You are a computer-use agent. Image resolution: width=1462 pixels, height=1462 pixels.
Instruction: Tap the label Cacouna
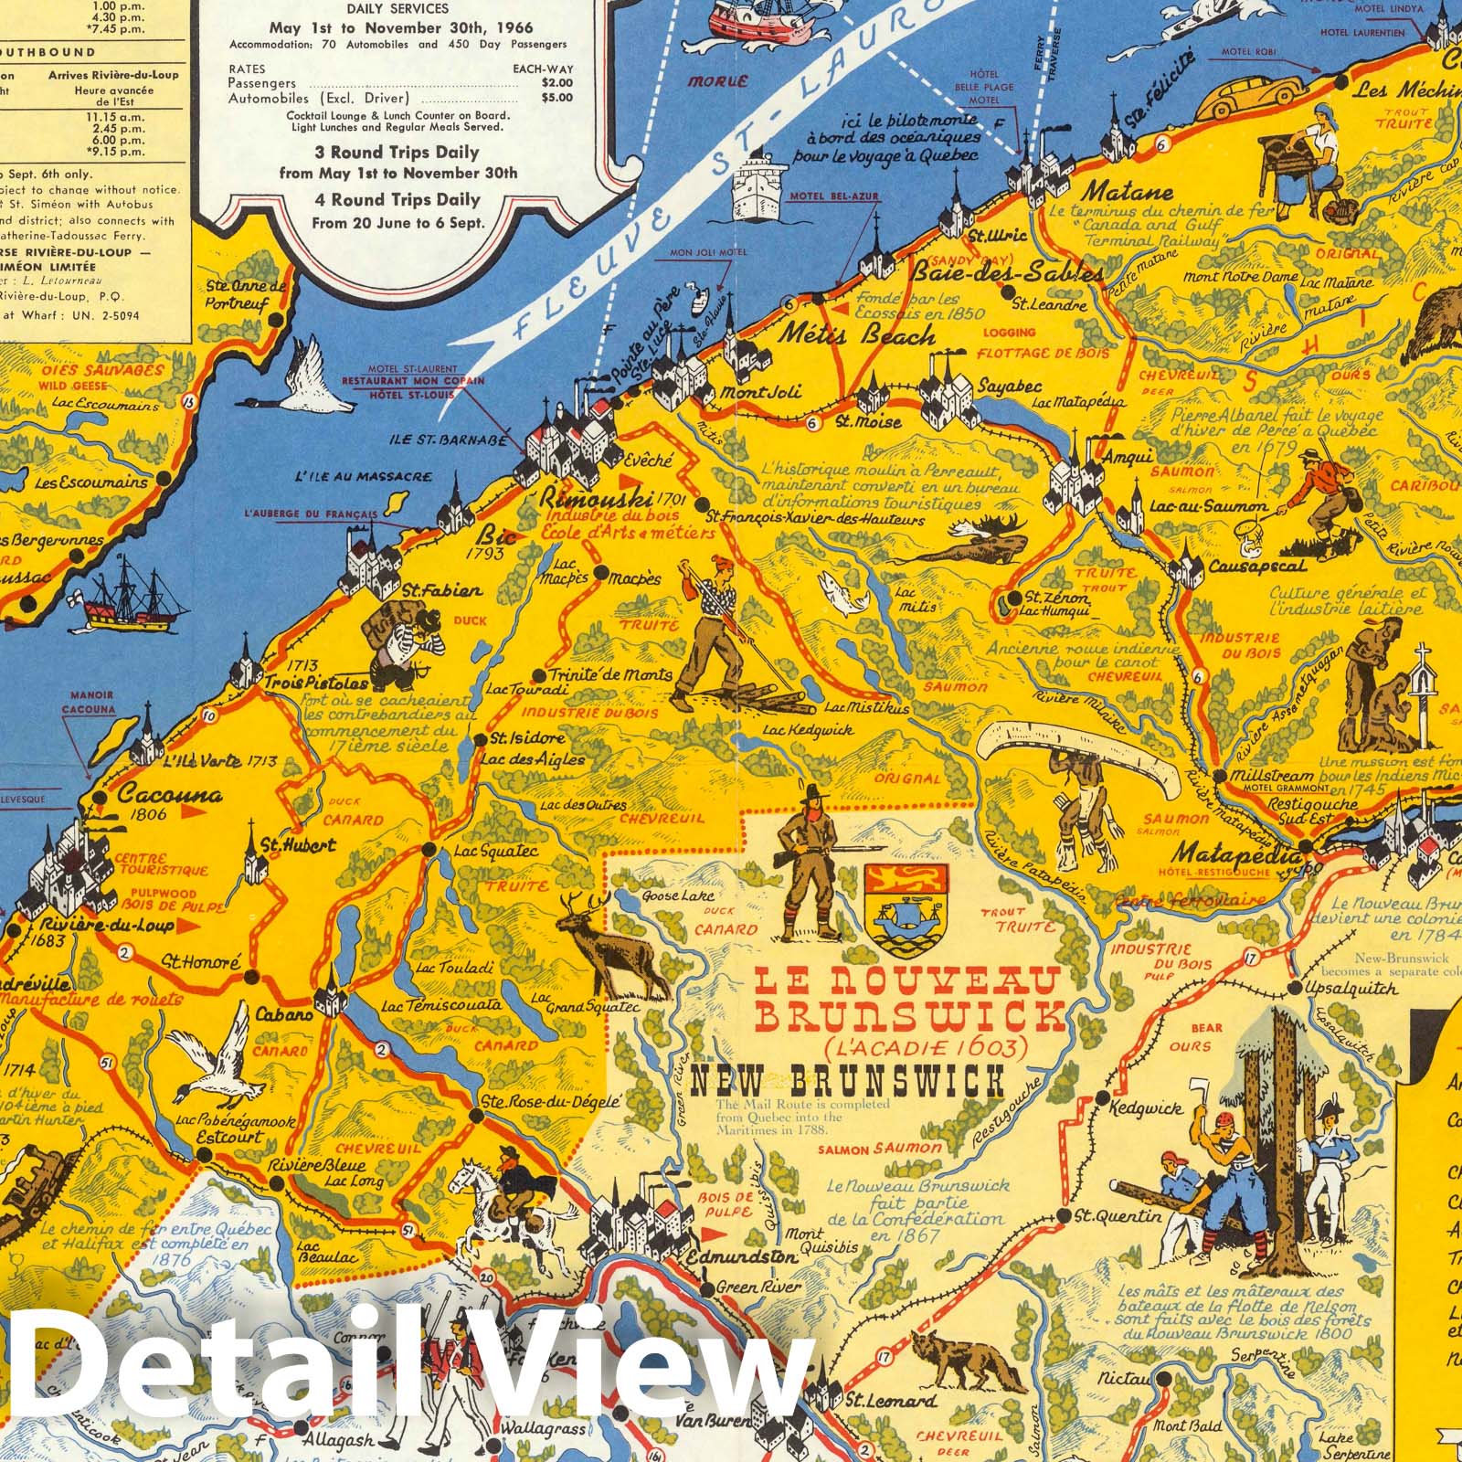tap(170, 796)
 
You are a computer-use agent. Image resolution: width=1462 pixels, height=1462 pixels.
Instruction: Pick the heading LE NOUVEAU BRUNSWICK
tap(907, 999)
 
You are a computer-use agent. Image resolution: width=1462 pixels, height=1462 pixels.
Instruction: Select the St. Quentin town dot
tap(1064, 1216)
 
